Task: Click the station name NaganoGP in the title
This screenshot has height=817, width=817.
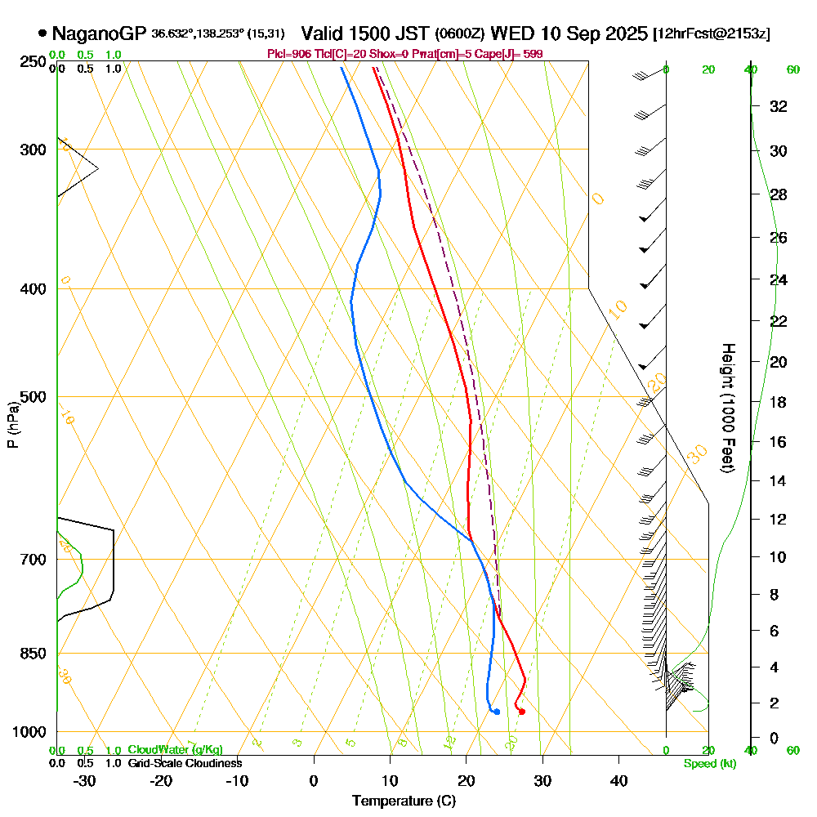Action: coord(99,33)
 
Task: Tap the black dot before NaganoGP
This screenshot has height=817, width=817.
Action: coord(42,34)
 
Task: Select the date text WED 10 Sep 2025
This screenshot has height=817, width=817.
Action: coord(569,33)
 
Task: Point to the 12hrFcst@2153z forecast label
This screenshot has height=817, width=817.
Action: coord(712,34)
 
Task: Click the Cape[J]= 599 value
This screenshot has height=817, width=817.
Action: coord(510,54)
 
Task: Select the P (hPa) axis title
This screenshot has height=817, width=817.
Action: coord(12,425)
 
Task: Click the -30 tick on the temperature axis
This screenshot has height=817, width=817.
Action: coord(85,781)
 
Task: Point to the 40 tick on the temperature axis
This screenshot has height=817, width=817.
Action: coord(618,781)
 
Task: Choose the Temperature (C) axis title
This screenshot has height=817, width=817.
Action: coord(404,801)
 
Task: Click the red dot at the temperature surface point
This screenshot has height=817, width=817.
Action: coord(521,712)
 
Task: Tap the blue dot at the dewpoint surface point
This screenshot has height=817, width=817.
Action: coord(496,712)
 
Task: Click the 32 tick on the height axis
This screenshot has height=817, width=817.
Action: coord(778,106)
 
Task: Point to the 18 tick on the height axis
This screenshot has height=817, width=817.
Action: coord(778,402)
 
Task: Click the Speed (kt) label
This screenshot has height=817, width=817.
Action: coord(709,764)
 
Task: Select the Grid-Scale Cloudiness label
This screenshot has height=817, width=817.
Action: coord(185,763)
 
